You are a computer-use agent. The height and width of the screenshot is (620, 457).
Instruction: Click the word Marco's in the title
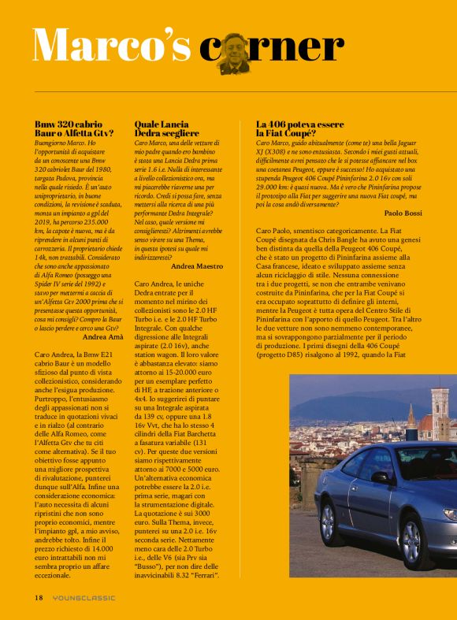pyautogui.click(x=112, y=45)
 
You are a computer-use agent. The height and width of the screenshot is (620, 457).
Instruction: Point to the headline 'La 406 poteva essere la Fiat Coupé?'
pyautogui.click(x=300, y=128)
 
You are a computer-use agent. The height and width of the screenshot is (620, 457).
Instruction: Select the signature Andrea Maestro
pyautogui.click(x=197, y=267)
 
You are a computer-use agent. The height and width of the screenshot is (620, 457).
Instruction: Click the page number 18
pyautogui.click(x=38, y=597)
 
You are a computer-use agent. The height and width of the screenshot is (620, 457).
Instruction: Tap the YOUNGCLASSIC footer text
pyautogui.click(x=84, y=597)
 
